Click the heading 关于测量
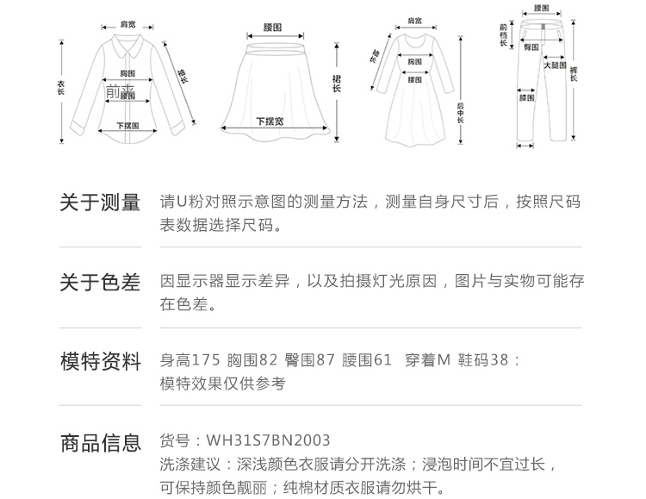coord(100,203)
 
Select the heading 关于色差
coord(100,283)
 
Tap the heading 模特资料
coord(100,362)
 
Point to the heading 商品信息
coord(100,444)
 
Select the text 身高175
coord(190,361)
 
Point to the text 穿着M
coord(428,361)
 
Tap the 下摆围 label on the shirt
coord(127,126)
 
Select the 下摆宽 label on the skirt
coord(270,121)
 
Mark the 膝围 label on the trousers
coord(527,97)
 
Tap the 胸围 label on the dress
coord(415,61)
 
